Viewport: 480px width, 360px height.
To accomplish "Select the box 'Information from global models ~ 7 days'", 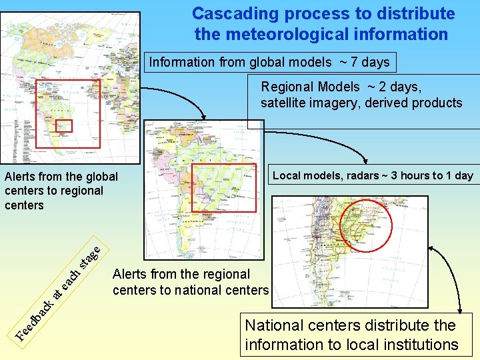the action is point(269,62).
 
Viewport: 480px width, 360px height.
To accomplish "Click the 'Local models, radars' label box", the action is point(373,175).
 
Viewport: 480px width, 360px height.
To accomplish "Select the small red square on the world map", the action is point(63,125).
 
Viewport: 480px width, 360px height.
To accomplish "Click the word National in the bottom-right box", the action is point(274,326).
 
